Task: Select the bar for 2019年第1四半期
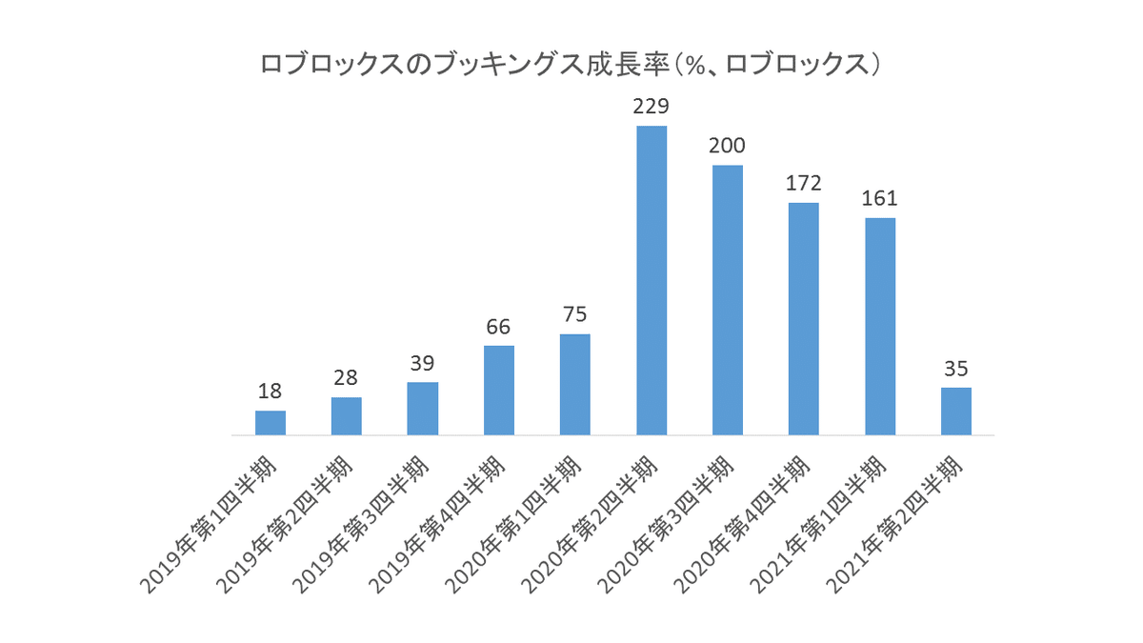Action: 271,424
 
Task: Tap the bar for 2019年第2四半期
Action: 347,416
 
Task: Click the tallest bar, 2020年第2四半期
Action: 652,281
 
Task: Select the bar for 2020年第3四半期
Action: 728,300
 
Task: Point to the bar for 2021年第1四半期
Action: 880,327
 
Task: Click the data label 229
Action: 652,106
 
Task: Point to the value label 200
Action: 728,146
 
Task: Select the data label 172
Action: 804,183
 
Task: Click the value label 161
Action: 880,198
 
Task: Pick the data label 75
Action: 575,314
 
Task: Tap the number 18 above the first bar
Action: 271,391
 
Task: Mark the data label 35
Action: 956,368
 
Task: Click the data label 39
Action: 423,363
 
